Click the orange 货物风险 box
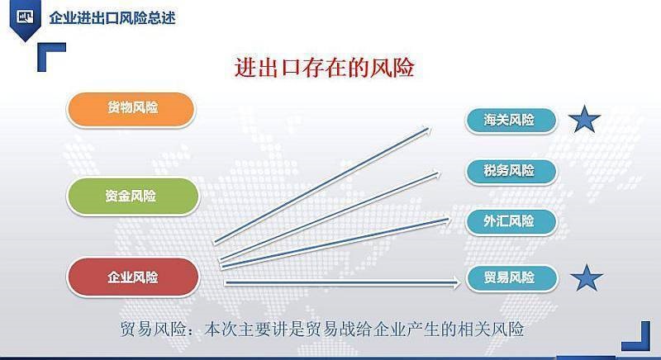[x=131, y=109]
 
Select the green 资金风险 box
[x=133, y=197]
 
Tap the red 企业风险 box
[x=133, y=277]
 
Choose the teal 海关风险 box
[x=511, y=121]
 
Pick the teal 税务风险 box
[x=511, y=172]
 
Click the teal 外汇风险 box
[x=511, y=221]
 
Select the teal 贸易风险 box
[x=511, y=278]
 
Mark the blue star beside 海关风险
[x=584, y=120]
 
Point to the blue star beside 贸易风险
[x=587, y=278]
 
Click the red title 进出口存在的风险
[x=324, y=68]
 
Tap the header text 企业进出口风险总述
[x=112, y=18]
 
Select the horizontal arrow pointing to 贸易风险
[x=343, y=283]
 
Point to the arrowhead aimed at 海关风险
[x=426, y=130]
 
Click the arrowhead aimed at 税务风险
[x=436, y=173]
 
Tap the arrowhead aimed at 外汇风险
[x=447, y=219]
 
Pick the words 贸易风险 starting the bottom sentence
[x=154, y=329]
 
